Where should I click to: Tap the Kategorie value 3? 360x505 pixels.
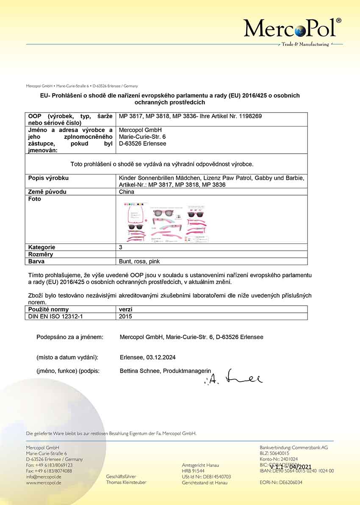121,247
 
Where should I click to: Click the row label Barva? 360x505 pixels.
36,261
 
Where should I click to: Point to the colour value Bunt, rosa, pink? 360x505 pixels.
139,261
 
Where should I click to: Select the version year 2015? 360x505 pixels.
126,316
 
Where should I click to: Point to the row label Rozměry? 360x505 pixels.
41,254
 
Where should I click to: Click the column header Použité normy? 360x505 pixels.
48,309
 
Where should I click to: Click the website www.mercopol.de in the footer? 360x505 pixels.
44,483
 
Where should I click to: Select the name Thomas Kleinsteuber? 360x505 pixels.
126,483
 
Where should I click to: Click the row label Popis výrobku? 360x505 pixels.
48,178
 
